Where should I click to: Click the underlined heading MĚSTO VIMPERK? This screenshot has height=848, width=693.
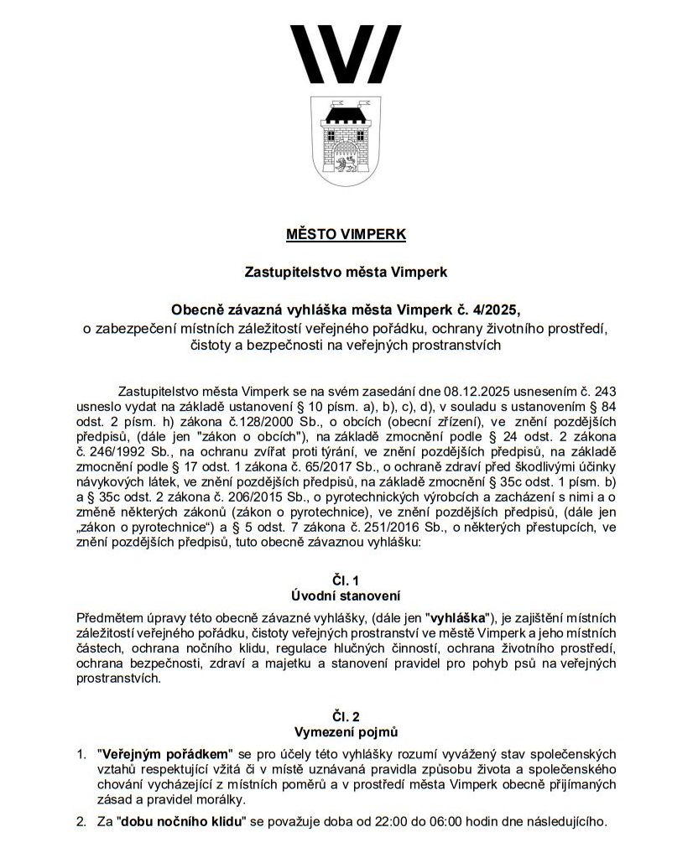[346, 234]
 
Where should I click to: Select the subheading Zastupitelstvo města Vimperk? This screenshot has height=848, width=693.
[346, 273]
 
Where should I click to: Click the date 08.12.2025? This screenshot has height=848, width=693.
[466, 392]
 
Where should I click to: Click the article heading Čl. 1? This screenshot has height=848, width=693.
[346, 580]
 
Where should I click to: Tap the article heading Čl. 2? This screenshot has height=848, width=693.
[346, 715]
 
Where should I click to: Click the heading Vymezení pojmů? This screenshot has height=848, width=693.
[346, 731]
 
